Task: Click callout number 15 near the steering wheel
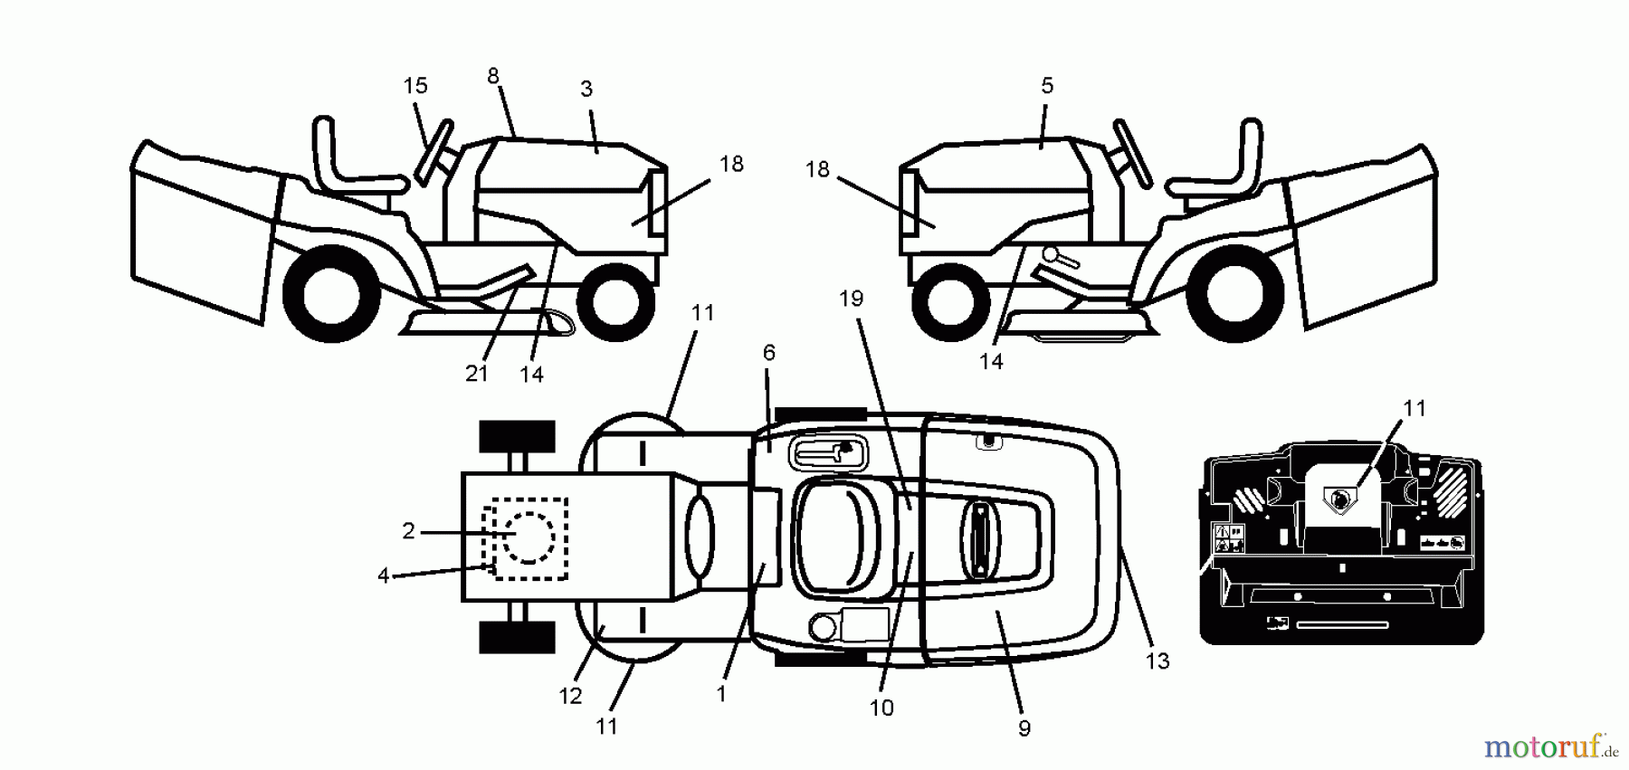click(x=414, y=86)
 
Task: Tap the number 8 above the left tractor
click(x=493, y=76)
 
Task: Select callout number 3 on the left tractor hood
click(x=586, y=89)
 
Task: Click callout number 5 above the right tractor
click(x=1047, y=86)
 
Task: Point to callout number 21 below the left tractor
click(x=477, y=373)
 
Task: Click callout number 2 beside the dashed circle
click(x=408, y=531)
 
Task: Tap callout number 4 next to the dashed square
click(x=384, y=575)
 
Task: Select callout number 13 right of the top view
click(x=1157, y=661)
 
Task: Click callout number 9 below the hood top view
click(x=1024, y=728)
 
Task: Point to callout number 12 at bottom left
click(x=570, y=696)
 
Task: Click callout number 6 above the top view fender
click(x=768, y=353)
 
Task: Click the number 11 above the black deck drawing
click(x=1414, y=408)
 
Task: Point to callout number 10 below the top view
click(x=881, y=708)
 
